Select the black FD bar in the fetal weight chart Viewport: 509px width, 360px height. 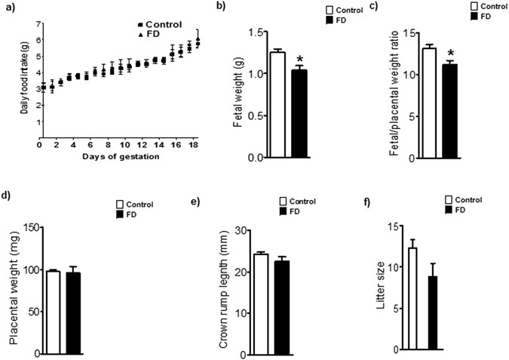pos(300,113)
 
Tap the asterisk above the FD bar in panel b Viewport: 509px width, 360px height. pos(300,59)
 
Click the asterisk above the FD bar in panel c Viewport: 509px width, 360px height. pos(449,54)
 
